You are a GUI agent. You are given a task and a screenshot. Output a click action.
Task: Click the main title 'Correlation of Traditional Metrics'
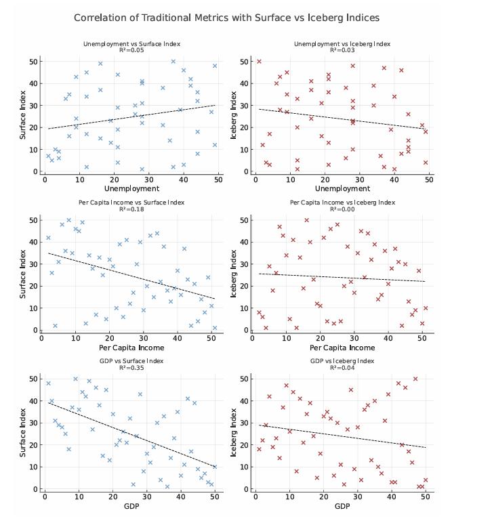point(226,18)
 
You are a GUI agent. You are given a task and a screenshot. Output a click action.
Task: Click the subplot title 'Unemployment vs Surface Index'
point(131,44)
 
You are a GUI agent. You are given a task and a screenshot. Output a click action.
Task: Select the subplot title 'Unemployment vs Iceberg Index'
point(342,44)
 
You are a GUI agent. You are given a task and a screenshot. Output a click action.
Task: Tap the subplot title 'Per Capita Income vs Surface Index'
point(131,203)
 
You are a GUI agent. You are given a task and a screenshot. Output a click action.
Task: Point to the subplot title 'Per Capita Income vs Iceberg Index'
point(342,203)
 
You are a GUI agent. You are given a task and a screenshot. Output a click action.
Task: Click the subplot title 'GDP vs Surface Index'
point(131,361)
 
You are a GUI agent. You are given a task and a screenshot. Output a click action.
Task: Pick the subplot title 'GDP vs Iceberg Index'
point(342,361)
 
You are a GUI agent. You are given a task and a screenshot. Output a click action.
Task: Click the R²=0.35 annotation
point(131,368)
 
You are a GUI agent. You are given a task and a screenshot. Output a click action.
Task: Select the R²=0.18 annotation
point(131,209)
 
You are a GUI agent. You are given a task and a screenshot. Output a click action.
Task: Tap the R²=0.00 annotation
point(342,209)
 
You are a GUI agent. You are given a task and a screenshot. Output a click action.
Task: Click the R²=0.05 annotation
point(131,50)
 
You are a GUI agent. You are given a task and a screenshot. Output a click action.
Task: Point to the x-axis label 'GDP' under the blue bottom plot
point(131,506)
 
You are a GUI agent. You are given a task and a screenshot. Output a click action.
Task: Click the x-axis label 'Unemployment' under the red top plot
point(342,188)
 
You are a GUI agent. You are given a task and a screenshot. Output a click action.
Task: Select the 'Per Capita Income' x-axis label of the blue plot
point(131,348)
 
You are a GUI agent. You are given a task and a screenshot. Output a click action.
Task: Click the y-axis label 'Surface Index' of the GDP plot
point(24,434)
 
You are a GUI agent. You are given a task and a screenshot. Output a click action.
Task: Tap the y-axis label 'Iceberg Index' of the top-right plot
point(234,116)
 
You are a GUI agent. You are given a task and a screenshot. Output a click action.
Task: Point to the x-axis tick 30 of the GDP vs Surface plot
point(146,497)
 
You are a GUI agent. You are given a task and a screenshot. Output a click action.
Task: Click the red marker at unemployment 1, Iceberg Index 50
point(259,62)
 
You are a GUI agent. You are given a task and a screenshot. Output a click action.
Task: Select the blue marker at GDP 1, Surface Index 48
point(48,383)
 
